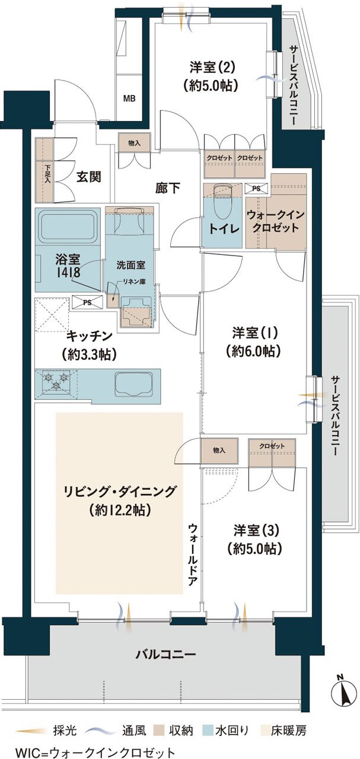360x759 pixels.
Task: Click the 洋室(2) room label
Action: (206, 76)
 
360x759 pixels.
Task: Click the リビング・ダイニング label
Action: (120, 499)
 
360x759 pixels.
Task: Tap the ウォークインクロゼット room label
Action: (276, 222)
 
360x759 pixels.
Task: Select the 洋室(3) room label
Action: (257, 537)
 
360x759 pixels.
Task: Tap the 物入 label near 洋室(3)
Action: (219, 451)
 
